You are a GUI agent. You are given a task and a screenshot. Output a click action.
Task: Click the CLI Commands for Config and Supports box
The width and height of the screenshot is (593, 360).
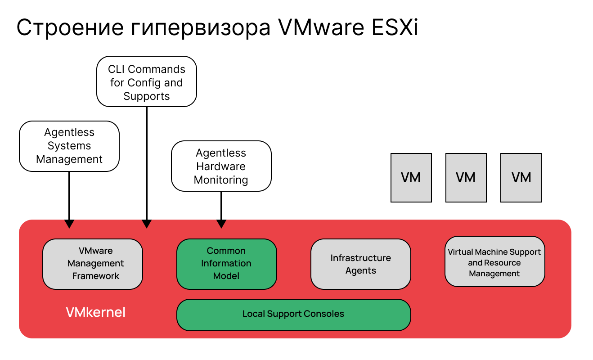click(x=147, y=81)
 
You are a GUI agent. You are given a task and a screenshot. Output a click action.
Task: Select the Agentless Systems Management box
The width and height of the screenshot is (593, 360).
click(x=69, y=146)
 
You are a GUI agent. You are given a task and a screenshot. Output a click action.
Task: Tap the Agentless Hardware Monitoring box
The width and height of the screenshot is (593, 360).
click(x=221, y=166)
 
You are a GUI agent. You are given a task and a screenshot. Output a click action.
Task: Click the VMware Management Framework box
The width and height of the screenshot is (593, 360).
click(x=92, y=264)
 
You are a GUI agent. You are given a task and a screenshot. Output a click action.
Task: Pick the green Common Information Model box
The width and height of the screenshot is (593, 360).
click(x=226, y=264)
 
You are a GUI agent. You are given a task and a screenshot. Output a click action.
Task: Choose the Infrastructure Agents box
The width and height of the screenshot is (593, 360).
click(x=360, y=264)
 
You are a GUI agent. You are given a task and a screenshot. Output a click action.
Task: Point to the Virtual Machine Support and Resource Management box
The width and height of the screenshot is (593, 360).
click(x=494, y=261)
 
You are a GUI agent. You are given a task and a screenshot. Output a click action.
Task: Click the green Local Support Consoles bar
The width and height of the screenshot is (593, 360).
click(x=293, y=314)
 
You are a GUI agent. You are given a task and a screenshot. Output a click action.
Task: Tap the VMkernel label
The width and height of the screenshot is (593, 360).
click(x=96, y=312)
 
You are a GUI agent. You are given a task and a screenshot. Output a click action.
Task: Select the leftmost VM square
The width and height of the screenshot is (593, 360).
click(x=411, y=177)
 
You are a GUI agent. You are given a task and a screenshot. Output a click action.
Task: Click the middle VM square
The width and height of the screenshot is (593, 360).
click(x=466, y=177)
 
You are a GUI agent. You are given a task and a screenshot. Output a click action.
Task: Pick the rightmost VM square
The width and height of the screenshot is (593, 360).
click(x=521, y=177)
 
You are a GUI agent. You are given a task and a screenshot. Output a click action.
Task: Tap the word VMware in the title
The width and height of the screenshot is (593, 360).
click(x=320, y=28)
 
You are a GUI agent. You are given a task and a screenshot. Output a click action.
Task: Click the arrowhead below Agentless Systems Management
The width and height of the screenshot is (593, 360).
click(x=69, y=224)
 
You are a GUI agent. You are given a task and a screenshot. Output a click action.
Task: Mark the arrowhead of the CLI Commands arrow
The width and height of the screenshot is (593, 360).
click(x=147, y=224)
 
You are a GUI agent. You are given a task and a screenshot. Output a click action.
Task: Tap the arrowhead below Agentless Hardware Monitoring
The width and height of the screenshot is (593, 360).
click(x=221, y=224)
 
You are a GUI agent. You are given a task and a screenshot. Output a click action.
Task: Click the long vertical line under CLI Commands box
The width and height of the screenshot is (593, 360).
click(x=147, y=162)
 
